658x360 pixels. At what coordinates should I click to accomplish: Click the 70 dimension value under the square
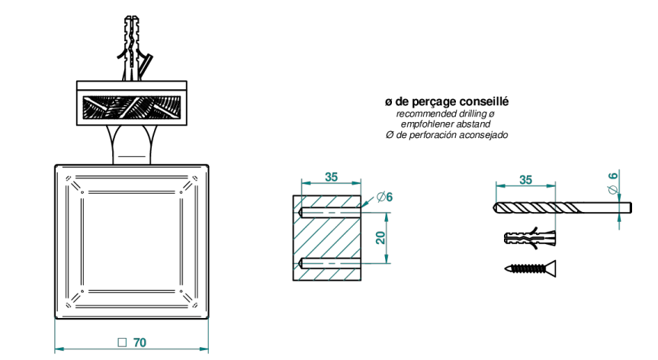point(140,342)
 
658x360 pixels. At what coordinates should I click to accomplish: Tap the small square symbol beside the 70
point(122,342)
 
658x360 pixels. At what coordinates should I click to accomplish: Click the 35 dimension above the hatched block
point(331,177)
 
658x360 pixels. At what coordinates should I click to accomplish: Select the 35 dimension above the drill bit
point(525,179)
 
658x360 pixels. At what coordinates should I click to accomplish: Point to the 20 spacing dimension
point(380,238)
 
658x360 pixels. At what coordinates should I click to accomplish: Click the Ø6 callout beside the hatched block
point(384,196)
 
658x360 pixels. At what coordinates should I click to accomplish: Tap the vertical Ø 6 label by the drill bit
point(613,183)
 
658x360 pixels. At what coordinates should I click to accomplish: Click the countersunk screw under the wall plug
point(530,268)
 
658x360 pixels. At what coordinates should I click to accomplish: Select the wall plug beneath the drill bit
point(530,238)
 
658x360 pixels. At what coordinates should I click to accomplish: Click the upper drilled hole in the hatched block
point(329,213)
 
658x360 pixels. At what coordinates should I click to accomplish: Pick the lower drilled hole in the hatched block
point(329,263)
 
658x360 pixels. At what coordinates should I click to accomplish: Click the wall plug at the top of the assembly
point(133,48)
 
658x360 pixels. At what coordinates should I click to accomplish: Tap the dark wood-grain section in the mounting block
point(132,108)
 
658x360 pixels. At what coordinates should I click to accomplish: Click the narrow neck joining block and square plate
point(132,145)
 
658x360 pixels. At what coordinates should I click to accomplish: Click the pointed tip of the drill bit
point(493,207)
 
